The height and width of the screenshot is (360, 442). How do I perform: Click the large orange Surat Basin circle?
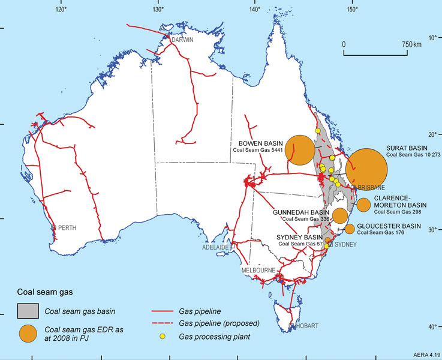[x=367, y=170]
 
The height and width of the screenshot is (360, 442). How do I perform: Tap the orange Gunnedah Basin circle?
[x=340, y=216]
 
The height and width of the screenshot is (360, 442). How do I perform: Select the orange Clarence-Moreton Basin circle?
[x=363, y=204]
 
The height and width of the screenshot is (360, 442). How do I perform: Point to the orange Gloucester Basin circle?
[x=350, y=229]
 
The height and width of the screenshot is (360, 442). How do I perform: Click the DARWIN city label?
[x=182, y=40]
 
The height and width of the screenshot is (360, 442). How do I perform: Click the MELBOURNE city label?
[x=258, y=271]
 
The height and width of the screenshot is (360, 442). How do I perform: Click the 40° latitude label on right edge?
[x=431, y=327]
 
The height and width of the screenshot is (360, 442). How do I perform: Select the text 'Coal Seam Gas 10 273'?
[x=413, y=155]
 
